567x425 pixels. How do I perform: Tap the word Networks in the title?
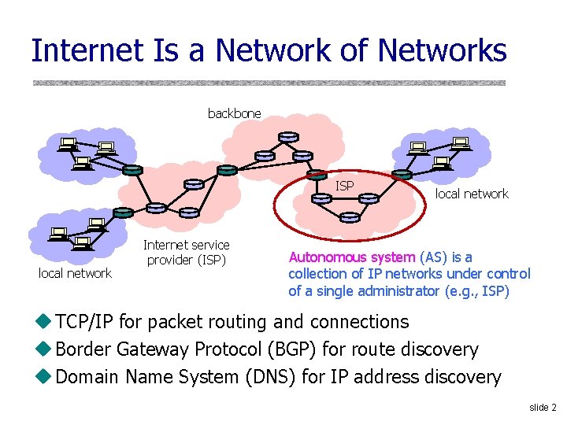pyautogui.click(x=442, y=51)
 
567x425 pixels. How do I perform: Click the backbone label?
pyautogui.click(x=234, y=113)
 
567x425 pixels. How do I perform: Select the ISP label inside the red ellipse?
pyautogui.click(x=345, y=186)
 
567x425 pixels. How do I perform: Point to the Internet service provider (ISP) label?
pyautogui.click(x=187, y=253)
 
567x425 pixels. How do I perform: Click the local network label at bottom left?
pyautogui.click(x=76, y=273)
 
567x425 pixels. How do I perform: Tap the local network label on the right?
pyautogui.click(x=472, y=194)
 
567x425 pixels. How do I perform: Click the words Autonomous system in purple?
pyautogui.click(x=351, y=257)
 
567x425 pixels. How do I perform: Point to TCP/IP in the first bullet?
pyautogui.click(x=90, y=322)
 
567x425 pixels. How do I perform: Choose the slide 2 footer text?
pyautogui.click(x=543, y=407)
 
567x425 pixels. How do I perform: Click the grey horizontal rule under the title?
pyautogui.click(x=269, y=82)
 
